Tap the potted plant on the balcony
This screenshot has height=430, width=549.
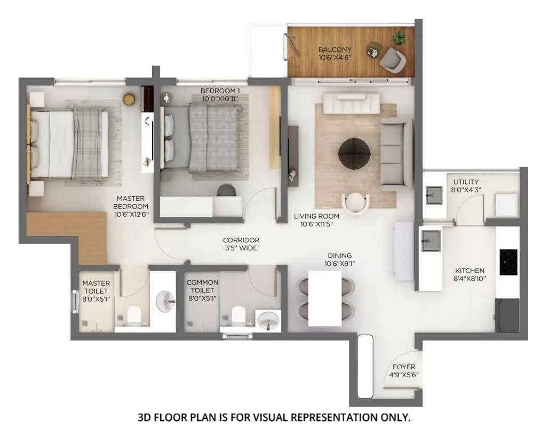(399, 37)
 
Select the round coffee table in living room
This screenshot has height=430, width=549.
(354, 154)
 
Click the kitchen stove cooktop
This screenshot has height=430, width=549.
(508, 262)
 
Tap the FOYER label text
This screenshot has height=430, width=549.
(404, 367)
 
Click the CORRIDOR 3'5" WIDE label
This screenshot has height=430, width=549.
(241, 244)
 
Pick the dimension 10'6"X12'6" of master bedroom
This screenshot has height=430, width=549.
(131, 214)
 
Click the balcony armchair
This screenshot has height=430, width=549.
(392, 58)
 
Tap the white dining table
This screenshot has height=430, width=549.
(325, 298)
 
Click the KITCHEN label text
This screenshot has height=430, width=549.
(470, 271)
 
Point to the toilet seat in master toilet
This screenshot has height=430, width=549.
(135, 315)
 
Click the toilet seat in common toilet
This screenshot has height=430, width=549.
(238, 315)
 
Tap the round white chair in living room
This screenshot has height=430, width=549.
(355, 203)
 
